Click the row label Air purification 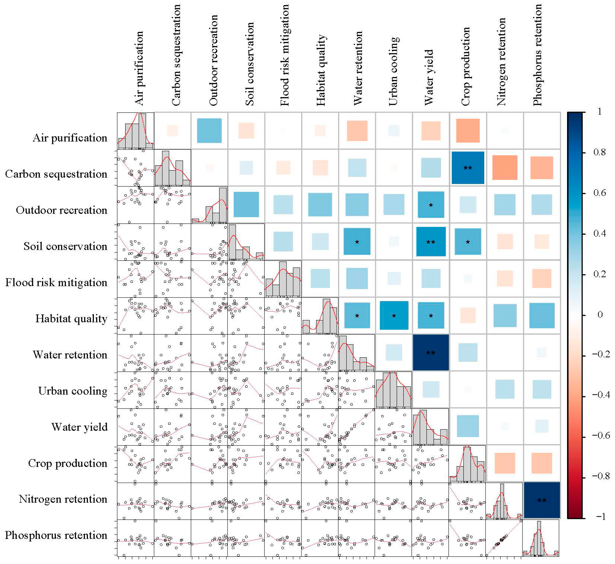tap(70, 138)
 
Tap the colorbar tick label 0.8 tap(599, 152)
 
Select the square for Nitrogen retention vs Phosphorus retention tap(542, 500)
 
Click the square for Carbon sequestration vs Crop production tap(468, 168)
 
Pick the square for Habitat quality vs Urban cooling tap(394, 315)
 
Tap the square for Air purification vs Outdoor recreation tap(209, 131)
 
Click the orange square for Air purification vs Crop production tap(468, 131)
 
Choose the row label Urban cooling tap(73, 391)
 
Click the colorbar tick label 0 tap(599, 315)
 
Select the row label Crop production tap(67, 463)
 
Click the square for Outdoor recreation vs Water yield tap(431, 205)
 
